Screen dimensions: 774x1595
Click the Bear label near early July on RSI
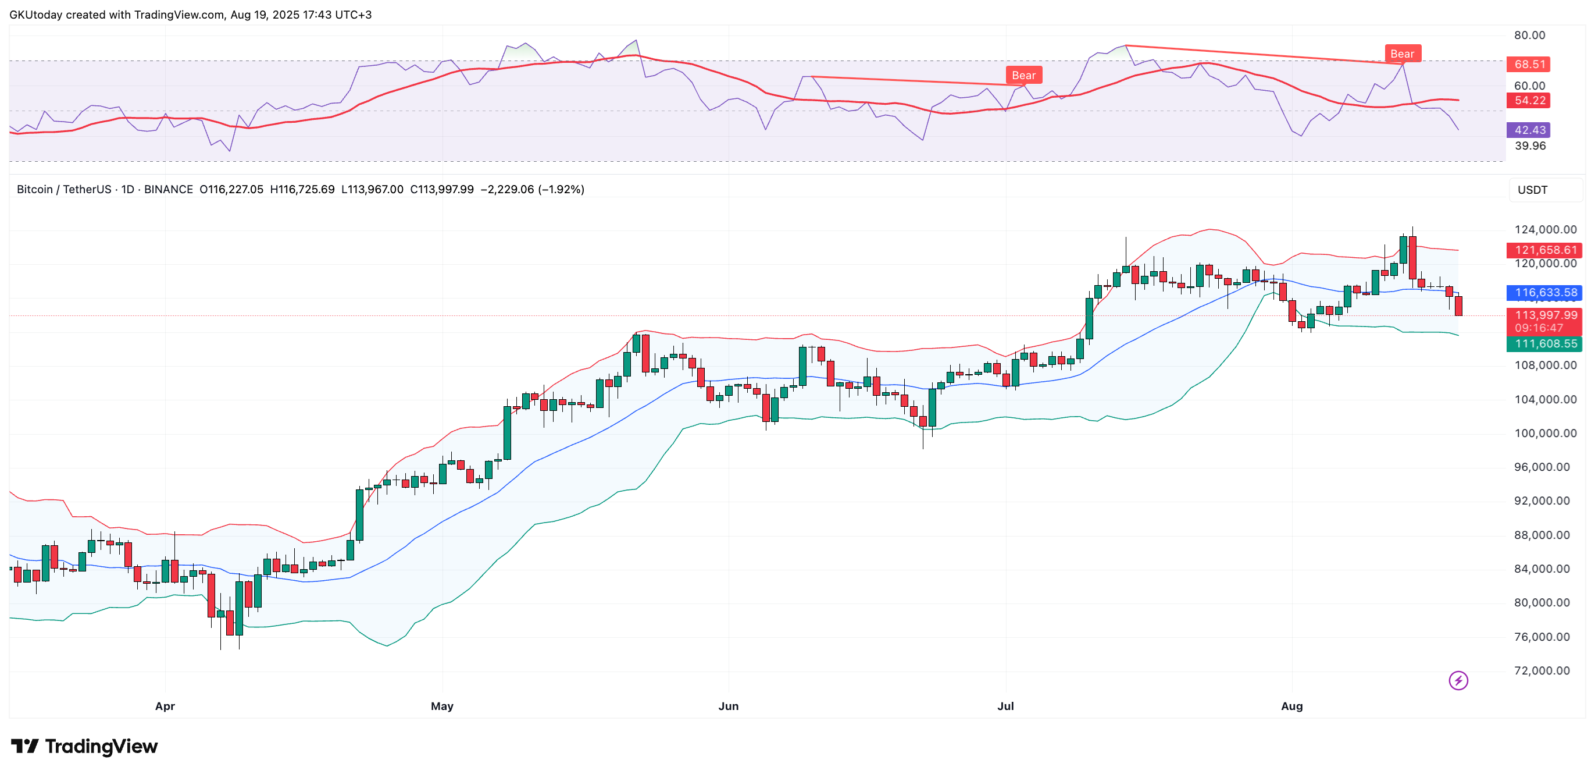pyautogui.click(x=1023, y=75)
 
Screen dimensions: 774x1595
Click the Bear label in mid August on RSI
pyautogui.click(x=1402, y=54)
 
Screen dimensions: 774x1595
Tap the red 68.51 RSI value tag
pyautogui.click(x=1529, y=64)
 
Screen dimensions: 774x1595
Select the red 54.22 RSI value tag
pyautogui.click(x=1529, y=101)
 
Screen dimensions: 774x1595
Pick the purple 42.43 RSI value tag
pyautogui.click(x=1529, y=130)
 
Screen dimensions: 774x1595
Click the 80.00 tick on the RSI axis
pyautogui.click(x=1529, y=35)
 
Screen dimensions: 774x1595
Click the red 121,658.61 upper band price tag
pyautogui.click(x=1546, y=250)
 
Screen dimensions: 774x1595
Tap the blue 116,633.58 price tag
pyautogui.click(x=1546, y=293)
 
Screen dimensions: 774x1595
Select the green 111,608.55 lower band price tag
pyautogui.click(x=1546, y=343)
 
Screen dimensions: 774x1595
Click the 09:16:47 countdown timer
pyautogui.click(x=1539, y=328)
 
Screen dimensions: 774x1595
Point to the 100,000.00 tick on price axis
pyautogui.click(x=1546, y=433)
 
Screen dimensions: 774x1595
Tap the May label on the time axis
pyautogui.click(x=442, y=706)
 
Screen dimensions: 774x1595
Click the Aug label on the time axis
pyautogui.click(x=1291, y=706)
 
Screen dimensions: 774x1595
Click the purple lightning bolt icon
pyautogui.click(x=1458, y=680)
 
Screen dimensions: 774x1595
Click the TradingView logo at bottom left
pyautogui.click(x=84, y=746)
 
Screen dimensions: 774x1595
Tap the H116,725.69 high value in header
pyautogui.click(x=302, y=189)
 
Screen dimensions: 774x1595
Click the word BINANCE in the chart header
pyautogui.click(x=169, y=189)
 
